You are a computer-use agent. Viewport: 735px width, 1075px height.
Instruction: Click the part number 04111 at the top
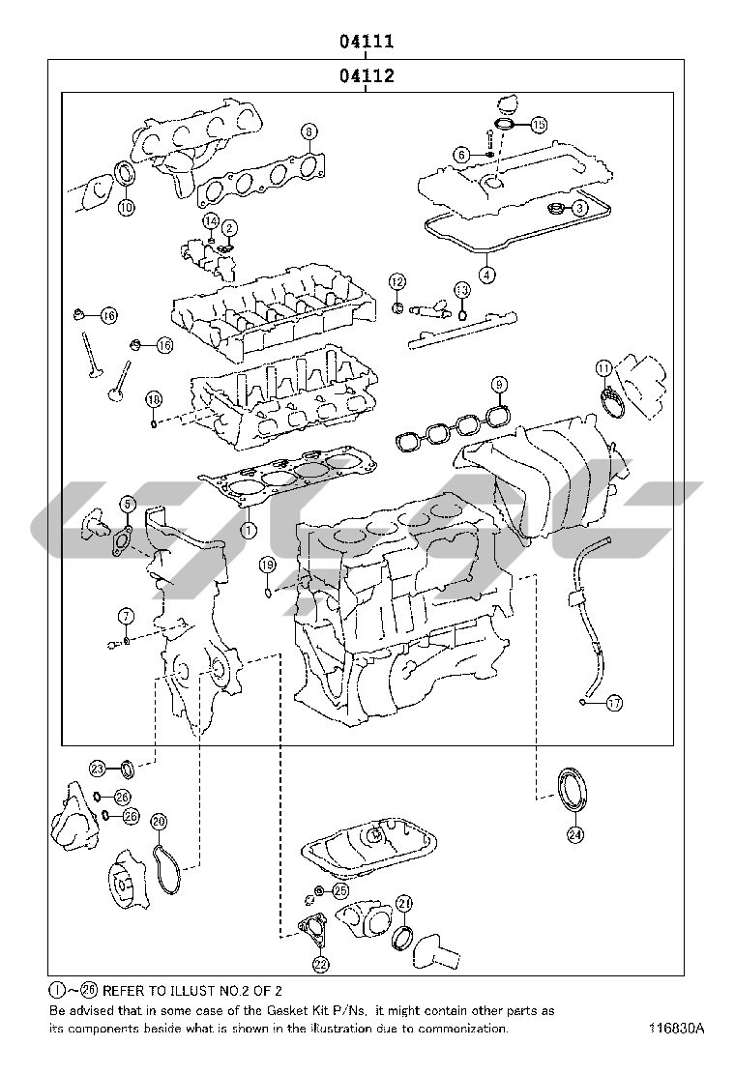366,43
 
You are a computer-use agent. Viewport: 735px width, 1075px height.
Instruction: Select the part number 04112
366,75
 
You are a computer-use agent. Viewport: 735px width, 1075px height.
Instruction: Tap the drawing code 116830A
677,1029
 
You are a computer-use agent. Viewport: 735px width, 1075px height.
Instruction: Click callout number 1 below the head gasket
249,529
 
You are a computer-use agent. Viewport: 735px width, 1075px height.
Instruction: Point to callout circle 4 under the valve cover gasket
486,275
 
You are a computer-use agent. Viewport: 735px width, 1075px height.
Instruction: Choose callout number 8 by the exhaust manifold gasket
309,131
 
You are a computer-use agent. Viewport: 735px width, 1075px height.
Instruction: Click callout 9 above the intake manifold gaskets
499,385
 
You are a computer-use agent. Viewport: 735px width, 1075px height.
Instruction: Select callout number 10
127,206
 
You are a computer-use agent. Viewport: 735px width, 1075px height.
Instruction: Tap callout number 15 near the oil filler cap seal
539,124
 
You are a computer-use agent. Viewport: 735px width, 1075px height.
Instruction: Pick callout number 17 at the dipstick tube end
615,704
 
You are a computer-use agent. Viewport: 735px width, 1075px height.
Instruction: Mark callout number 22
320,963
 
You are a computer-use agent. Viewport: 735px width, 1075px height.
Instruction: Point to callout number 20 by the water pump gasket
159,822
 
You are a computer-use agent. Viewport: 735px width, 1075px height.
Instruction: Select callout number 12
397,280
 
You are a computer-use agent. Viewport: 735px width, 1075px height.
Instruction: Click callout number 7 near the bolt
126,616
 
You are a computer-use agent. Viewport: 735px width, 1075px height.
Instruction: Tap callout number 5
127,503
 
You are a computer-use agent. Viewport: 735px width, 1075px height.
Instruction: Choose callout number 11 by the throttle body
603,367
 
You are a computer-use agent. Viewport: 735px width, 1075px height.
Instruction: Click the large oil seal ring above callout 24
570,789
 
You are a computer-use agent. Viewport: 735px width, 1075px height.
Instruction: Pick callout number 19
268,565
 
